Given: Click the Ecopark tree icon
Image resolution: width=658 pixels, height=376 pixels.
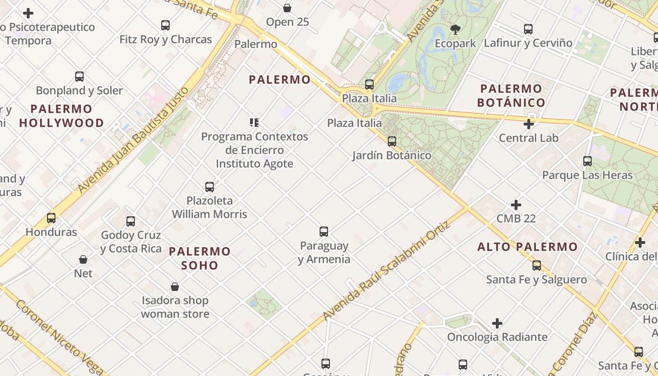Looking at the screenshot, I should pyautogui.click(x=455, y=30).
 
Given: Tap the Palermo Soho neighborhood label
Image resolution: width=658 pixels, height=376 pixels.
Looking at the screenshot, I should pyautogui.click(x=200, y=258).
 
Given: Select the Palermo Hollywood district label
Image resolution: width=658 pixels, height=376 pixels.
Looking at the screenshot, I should pyautogui.click(x=62, y=116).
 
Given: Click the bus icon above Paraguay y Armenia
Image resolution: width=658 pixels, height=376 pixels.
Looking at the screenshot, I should pyautogui.click(x=324, y=231).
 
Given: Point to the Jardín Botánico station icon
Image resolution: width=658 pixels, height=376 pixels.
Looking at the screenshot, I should pyautogui.click(x=392, y=141).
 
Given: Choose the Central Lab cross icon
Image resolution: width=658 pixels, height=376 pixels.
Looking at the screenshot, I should pyautogui.click(x=529, y=124).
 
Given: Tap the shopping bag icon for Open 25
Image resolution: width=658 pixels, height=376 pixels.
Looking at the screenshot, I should pyautogui.click(x=287, y=8).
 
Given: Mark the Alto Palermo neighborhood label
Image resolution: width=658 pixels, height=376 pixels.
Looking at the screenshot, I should pyautogui.click(x=527, y=247).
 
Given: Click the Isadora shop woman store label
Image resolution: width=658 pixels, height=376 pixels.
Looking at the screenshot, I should pyautogui.click(x=175, y=307).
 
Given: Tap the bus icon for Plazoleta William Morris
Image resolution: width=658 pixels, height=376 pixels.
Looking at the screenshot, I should pyautogui.click(x=210, y=187).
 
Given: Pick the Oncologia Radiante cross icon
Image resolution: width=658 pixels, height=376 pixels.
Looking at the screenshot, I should pyautogui.click(x=497, y=323).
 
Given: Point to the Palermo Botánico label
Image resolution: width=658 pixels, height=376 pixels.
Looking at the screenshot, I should pyautogui.click(x=511, y=95).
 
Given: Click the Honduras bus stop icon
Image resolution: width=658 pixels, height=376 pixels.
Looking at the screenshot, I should pyautogui.click(x=51, y=218).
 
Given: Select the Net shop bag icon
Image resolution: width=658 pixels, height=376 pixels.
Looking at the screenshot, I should pyautogui.click(x=83, y=259).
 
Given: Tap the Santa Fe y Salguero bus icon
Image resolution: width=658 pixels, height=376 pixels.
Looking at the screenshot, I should pyautogui.click(x=537, y=266).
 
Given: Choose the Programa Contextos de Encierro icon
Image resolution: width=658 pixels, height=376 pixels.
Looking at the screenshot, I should pyautogui.click(x=254, y=123).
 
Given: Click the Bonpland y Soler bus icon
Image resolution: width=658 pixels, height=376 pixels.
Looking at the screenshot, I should pyautogui.click(x=79, y=76).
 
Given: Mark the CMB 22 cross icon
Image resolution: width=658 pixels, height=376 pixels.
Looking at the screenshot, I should pyautogui.click(x=516, y=205).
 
